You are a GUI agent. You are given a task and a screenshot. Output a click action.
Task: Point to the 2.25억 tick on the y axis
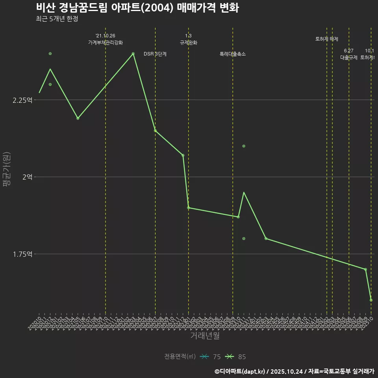[x=22, y=100]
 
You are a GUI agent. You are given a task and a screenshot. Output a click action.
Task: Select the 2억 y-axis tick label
[x=27, y=177]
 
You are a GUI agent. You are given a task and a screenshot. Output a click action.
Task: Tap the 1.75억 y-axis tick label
[x=22, y=254]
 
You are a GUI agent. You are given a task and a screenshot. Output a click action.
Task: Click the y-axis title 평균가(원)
[x=7, y=170]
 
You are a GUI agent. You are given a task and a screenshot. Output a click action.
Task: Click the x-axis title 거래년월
[x=205, y=335]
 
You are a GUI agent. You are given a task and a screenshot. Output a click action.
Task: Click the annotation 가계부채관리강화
[x=105, y=43]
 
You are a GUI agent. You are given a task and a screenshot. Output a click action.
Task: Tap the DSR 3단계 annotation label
[x=155, y=54]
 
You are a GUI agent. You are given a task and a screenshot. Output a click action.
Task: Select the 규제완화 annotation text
[x=188, y=43]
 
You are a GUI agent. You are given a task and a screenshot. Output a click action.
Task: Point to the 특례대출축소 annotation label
[x=232, y=54]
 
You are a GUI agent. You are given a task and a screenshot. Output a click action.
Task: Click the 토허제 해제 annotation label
[x=326, y=39]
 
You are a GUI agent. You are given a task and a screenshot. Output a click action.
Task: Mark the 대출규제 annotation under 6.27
[x=348, y=57]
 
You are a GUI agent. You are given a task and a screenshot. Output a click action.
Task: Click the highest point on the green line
[x=133, y=54]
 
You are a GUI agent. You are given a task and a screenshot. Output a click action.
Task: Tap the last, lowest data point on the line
[x=371, y=300]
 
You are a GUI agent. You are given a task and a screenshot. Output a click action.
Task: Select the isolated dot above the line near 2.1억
[x=244, y=146]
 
